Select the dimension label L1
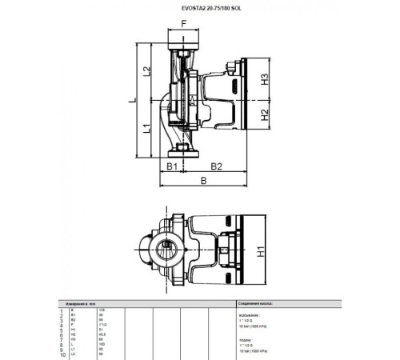click(146, 129)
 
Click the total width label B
click(203, 182)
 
